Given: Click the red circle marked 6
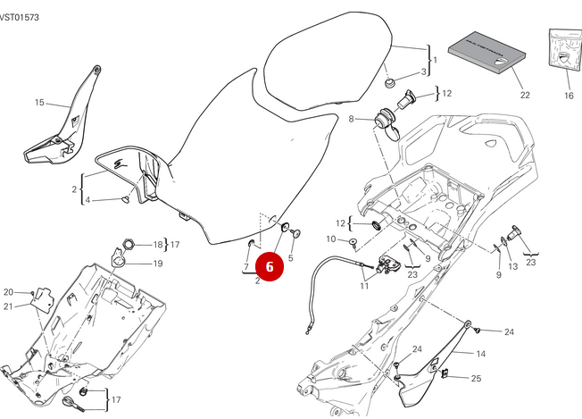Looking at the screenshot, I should coord(270,266).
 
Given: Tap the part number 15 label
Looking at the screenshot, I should coord(38,103).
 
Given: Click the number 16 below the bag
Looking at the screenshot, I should coord(568,96).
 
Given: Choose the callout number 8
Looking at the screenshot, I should coord(353,119).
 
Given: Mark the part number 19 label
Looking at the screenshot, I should coord(158,264).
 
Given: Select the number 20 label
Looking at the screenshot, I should coord(8,292).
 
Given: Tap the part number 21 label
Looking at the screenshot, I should coord(8,306).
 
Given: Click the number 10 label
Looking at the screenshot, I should coord(330,239).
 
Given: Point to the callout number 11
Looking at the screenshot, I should coord(363,286).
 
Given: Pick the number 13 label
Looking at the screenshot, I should coord(511,266).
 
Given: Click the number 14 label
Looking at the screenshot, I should coord(480,354).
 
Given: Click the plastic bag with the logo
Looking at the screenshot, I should coord(561,55).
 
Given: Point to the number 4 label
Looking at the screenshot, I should coord(112,199).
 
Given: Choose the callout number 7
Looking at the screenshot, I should coord(245,267).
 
